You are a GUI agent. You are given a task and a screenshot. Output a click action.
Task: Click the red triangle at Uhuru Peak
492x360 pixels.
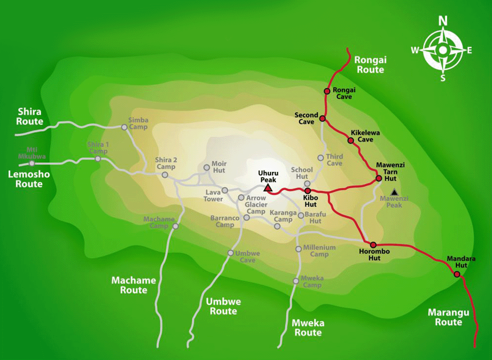(267, 188)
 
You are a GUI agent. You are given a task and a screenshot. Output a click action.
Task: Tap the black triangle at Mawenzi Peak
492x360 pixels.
(394, 192)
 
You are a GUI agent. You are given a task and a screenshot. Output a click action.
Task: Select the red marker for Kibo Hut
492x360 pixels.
(307, 191)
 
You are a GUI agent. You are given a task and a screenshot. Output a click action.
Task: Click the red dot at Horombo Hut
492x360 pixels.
(373, 245)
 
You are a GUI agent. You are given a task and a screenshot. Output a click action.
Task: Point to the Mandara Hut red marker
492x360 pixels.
(456, 274)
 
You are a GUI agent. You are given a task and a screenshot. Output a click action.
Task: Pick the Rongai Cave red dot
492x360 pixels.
(327, 91)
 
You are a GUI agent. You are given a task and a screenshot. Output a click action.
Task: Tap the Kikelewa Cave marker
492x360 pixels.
(351, 140)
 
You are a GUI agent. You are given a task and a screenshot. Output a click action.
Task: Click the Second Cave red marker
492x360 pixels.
(322, 118)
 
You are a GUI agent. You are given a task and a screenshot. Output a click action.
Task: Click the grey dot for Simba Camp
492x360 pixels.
(124, 127)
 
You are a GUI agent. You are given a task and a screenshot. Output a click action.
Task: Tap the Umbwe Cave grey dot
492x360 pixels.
(231, 252)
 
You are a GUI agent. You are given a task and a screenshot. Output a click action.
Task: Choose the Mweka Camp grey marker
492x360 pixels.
(295, 281)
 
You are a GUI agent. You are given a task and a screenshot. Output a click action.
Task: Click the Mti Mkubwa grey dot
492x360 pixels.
(32, 163)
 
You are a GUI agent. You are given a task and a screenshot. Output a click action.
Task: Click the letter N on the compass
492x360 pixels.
(443, 21)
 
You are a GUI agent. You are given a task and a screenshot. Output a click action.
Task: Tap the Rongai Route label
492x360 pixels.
(370, 65)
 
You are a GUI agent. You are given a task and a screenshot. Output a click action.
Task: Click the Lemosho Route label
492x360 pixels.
(29, 179)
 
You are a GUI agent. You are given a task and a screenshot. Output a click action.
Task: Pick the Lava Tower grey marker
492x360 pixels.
(225, 191)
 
